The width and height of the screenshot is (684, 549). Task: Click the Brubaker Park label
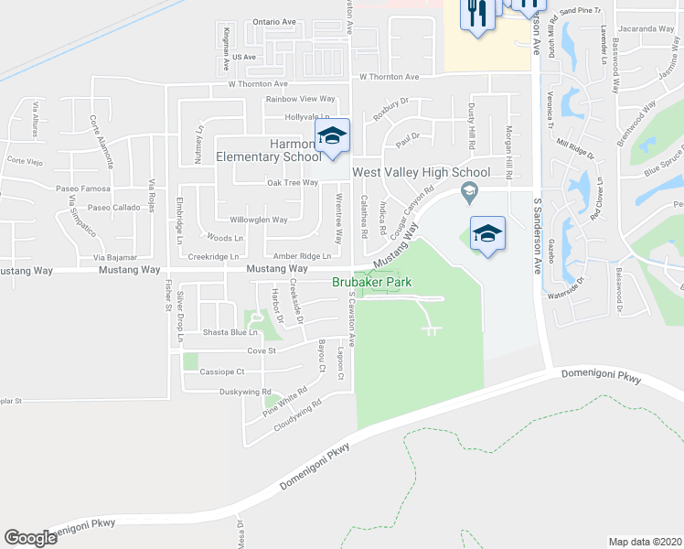pyautogui.click(x=371, y=284)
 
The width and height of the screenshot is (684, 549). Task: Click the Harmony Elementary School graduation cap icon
pyautogui.click(x=333, y=137)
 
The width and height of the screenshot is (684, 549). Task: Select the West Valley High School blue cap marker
pyautogui.click(x=487, y=234)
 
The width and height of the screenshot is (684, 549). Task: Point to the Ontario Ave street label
pyautogui.click(x=274, y=21)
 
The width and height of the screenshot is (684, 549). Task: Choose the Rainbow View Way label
pyautogui.click(x=300, y=99)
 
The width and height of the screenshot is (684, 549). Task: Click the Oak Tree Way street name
pyautogui.click(x=292, y=182)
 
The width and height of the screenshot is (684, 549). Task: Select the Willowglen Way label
pyautogui.click(x=258, y=220)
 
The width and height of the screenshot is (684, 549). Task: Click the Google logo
pyautogui.click(x=30, y=537)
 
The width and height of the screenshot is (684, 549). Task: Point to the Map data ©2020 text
pyautogui.click(x=645, y=542)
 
